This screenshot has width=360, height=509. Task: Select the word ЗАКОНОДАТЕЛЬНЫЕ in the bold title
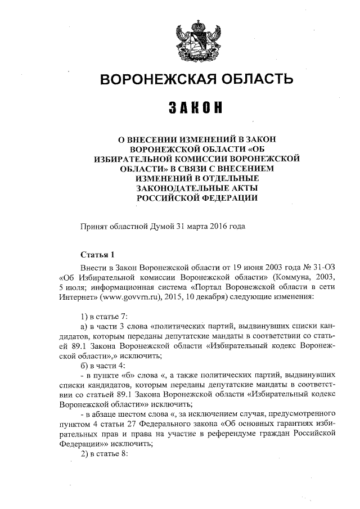pyautogui.click(x=196, y=188)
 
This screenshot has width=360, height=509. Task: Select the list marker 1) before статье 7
pyautogui.click(x=85, y=317)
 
